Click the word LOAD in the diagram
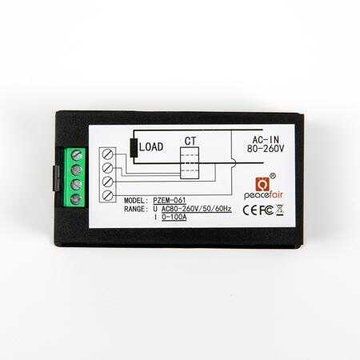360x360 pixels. [x=151, y=147]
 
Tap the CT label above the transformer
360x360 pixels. [x=190, y=141]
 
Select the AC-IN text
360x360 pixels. [x=266, y=139]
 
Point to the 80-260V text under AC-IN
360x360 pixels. [x=266, y=149]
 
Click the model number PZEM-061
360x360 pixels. [x=170, y=200]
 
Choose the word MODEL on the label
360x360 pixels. [x=136, y=200]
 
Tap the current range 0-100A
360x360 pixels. [x=174, y=217]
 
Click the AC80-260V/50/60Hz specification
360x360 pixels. [x=196, y=209]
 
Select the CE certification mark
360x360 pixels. [x=250, y=210]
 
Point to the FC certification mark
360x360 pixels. [x=266, y=210]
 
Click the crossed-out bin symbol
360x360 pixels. [x=279, y=210]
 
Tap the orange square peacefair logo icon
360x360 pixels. [x=262, y=184]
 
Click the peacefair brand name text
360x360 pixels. [x=263, y=195]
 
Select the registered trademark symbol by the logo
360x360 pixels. [x=273, y=176]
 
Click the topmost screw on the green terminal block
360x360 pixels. [x=77, y=155]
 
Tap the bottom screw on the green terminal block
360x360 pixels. [x=76, y=199]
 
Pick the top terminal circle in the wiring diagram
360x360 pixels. [x=107, y=154]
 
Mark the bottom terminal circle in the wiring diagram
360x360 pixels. [x=107, y=195]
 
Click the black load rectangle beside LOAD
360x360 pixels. [x=134, y=148]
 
